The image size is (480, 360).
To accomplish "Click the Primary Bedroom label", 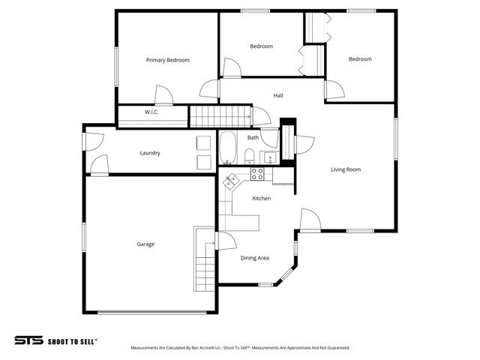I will point(167,60).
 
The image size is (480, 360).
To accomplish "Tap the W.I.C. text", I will point(151,112).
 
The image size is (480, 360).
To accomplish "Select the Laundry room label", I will point(150,153).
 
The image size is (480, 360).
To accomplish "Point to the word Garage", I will point(145,244).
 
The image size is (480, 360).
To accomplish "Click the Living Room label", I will point(346,169).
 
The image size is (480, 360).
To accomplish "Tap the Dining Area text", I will point(254,258).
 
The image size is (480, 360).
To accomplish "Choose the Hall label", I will point(278,95).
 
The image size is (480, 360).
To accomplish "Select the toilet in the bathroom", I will point(249,156).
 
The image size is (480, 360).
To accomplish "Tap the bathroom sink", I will point(268,157).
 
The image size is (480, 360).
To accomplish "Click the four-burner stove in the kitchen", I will point(257,174).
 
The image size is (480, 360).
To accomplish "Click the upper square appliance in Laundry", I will point(203,142).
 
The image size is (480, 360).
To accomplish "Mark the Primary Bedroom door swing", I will point(163,95).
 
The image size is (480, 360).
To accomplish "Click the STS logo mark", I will point(29,340).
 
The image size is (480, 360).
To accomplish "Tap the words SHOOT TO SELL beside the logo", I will point(72,340).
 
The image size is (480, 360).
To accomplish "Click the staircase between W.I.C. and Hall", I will point(219,116).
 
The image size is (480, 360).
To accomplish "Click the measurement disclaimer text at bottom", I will point(239,348).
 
